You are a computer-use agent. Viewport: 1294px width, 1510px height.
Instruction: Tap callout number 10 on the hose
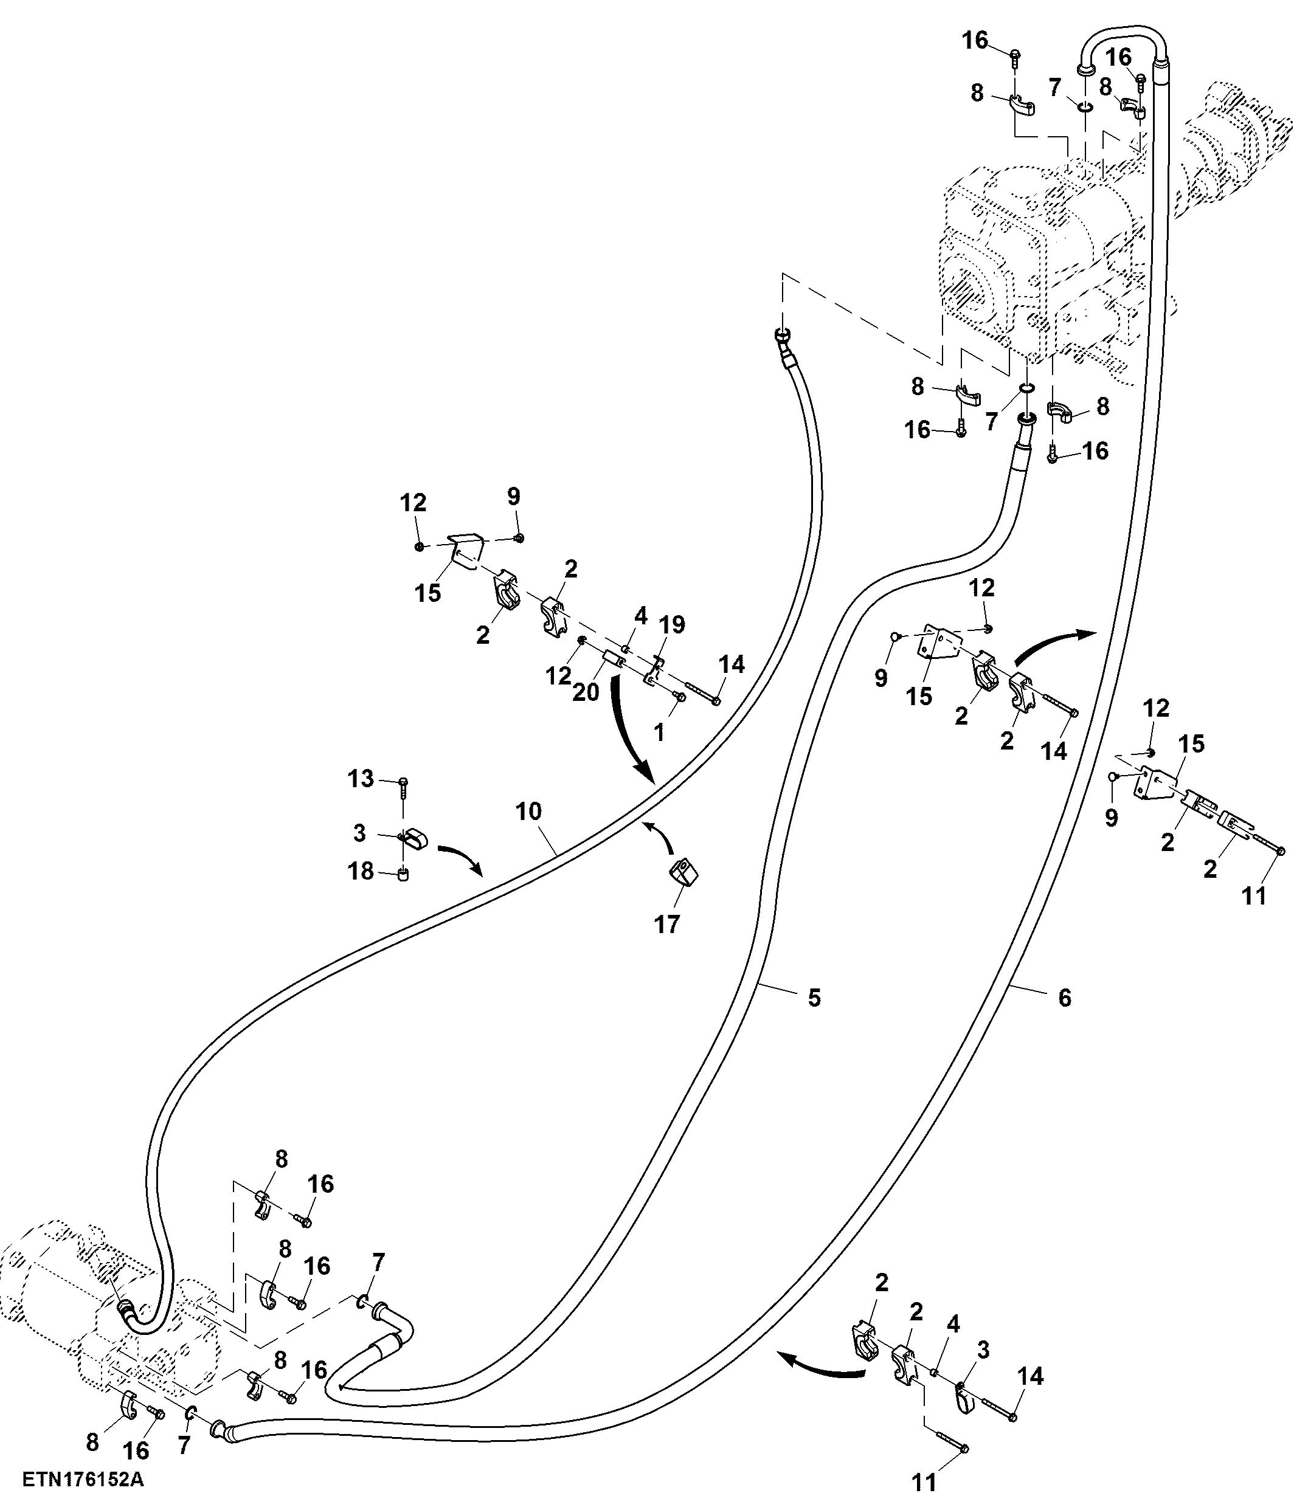click(528, 811)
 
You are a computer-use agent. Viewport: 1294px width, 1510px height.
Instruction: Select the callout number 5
click(814, 998)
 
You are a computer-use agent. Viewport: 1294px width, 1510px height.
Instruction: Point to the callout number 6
click(1065, 998)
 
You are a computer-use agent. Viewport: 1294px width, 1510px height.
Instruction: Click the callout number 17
click(667, 925)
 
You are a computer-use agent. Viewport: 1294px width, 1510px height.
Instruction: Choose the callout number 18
click(361, 871)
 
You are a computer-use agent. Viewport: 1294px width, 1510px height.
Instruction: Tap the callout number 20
click(586, 692)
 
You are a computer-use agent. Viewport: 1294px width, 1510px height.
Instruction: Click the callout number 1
click(660, 733)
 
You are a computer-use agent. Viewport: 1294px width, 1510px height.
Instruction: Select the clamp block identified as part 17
click(683, 872)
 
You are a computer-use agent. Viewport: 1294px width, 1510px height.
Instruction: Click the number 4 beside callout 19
click(640, 616)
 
